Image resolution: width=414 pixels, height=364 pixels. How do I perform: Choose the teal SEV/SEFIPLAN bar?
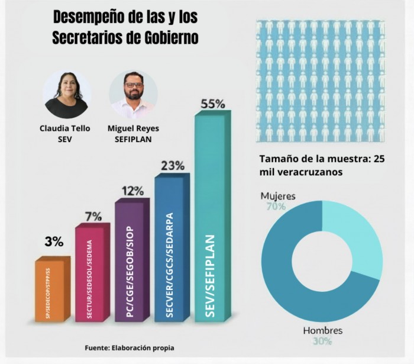[x=210, y=219]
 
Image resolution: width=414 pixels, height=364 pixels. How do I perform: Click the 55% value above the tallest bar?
[x=213, y=104]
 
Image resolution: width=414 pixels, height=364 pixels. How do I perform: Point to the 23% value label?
[x=172, y=166]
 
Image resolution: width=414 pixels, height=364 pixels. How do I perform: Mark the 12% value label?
[x=132, y=191]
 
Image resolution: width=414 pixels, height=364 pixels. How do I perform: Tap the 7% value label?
[x=93, y=216]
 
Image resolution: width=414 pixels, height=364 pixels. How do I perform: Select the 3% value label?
[x=54, y=241]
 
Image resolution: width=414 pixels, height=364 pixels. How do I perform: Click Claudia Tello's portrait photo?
[x=66, y=94]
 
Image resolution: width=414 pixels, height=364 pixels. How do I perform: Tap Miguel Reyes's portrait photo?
[x=133, y=94]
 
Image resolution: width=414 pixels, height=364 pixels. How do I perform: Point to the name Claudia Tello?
[x=65, y=128]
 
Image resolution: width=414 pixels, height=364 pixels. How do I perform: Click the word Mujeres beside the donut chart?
[x=278, y=196]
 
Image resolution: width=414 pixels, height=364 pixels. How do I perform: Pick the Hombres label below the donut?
[x=322, y=330]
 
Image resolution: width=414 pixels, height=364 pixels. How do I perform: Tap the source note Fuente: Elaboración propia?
[x=130, y=348]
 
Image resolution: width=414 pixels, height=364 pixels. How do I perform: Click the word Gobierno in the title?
[x=169, y=37]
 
